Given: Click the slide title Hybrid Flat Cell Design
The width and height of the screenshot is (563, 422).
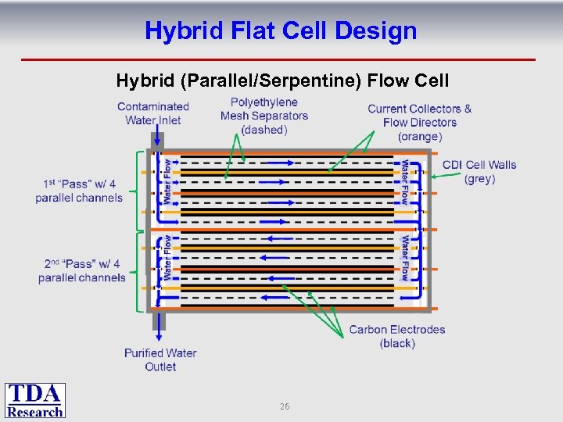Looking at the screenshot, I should pos(281,31).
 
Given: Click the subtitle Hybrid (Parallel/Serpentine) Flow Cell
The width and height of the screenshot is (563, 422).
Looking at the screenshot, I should pos(282,80).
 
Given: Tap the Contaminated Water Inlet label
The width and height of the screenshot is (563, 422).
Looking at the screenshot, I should pos(153,113).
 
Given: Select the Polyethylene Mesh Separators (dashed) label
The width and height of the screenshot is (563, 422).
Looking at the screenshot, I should pos(264,116).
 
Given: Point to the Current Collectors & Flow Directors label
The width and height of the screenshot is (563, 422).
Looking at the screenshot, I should pos(420,123).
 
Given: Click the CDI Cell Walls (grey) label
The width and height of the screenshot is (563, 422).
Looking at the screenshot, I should pos(479,171).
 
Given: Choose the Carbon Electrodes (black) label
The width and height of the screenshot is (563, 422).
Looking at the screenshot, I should pos(397,336).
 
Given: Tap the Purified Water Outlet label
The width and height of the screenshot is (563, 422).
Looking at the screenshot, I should pos(160,359).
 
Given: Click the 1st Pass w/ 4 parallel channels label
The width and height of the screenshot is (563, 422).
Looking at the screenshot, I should pos(79,191).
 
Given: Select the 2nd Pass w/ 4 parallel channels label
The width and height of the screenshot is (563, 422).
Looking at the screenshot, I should pos(81,270).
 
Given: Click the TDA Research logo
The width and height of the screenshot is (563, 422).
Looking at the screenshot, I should pos(35,400).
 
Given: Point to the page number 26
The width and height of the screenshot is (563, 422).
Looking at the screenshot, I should pos(285,406).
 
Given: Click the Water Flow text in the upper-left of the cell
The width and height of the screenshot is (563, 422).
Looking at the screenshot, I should pos(167,181).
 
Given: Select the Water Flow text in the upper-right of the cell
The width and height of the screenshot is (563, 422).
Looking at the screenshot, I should pos(404,182).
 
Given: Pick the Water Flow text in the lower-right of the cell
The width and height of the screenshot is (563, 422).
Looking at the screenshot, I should pos(404,258).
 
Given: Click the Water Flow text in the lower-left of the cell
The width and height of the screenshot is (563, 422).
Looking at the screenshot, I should pos(167,258).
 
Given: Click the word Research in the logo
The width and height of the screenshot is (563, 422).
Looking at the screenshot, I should pos(35,411).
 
